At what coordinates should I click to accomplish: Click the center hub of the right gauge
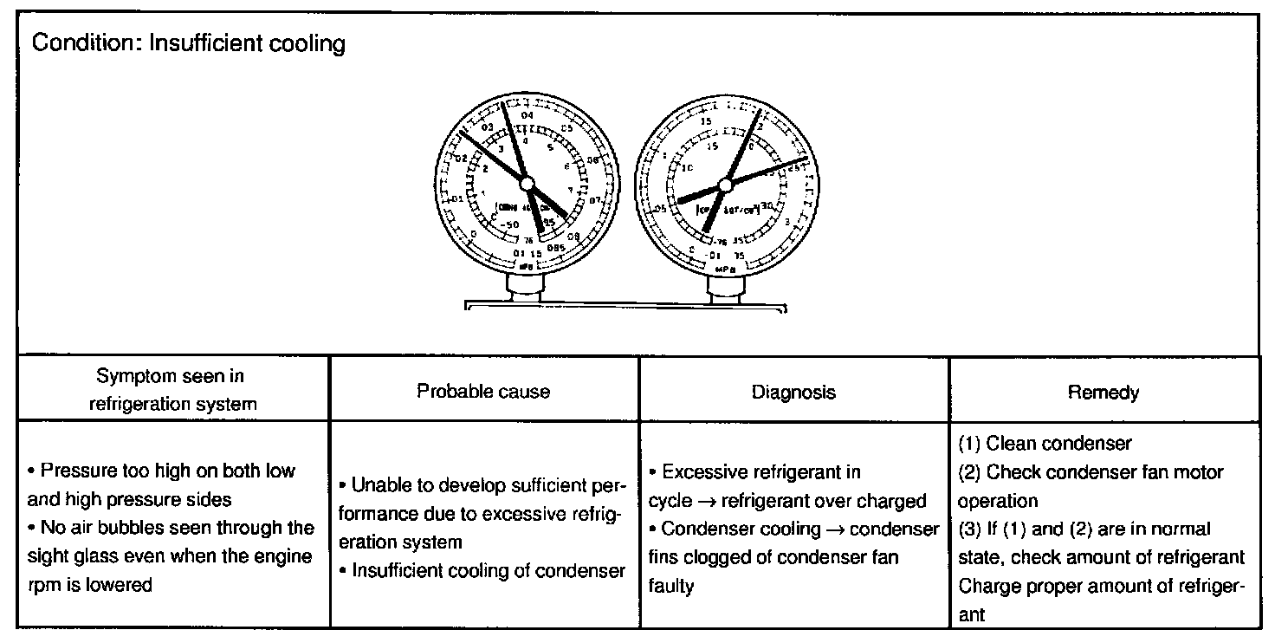pyautogui.click(x=726, y=184)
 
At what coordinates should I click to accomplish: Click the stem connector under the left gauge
pyautogui.click(x=527, y=289)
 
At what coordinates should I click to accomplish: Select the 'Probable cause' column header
pyautogui.click(x=483, y=391)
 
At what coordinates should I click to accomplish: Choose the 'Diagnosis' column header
pyautogui.click(x=794, y=392)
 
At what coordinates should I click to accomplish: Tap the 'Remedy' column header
pyautogui.click(x=1103, y=393)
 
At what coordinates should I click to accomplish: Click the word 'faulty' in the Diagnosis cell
pyautogui.click(x=670, y=586)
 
